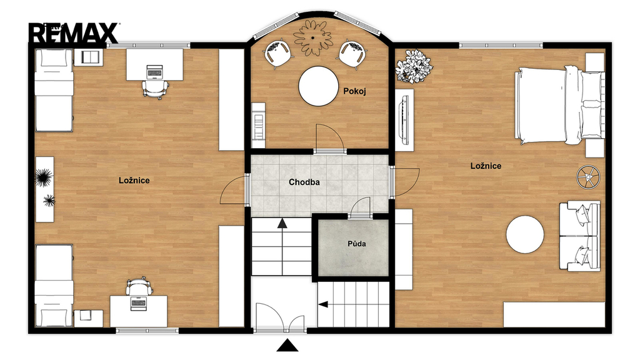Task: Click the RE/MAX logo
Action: point(74,33)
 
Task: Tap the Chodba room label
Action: point(304,182)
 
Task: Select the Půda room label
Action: point(357,244)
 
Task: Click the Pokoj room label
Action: point(354,91)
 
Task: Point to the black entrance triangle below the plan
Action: point(287,345)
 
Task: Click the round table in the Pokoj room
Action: point(318,86)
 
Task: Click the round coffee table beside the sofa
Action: point(525,235)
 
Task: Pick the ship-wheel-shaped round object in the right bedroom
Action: point(588,177)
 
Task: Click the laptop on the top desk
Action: point(154,72)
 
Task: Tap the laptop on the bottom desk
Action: point(138,304)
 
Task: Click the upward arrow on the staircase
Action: point(282,223)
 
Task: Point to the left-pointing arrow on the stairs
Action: point(323,304)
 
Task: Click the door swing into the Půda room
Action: point(359,207)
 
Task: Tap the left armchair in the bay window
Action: point(278,52)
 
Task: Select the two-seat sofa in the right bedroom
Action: point(579,236)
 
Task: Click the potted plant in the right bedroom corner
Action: point(413,66)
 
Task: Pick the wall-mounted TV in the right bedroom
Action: point(405,119)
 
